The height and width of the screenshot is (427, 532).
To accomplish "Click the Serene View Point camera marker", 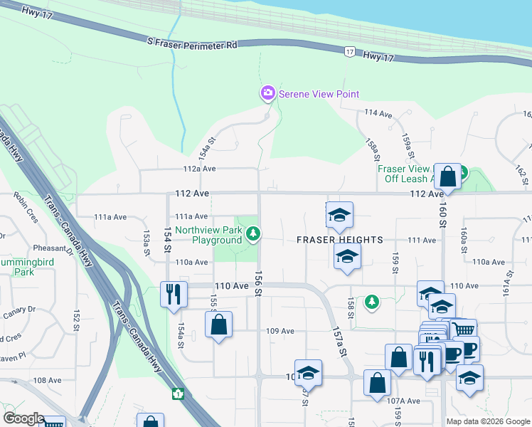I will (x=267, y=93).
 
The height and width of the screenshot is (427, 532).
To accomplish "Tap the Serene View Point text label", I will (x=319, y=94).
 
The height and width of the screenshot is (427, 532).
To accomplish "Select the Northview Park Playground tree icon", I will (x=252, y=233).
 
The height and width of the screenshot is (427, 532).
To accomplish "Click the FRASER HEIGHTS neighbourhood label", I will (x=340, y=240).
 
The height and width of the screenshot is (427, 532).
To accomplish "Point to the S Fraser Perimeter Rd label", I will (x=191, y=44).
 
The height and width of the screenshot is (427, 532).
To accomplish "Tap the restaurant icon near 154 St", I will (x=174, y=292).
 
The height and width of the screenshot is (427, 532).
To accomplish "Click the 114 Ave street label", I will (x=378, y=114).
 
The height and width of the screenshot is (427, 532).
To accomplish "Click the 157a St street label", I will (x=341, y=342).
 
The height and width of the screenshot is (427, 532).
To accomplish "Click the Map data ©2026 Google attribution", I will (x=488, y=421).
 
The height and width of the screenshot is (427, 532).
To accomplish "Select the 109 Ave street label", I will (x=280, y=331).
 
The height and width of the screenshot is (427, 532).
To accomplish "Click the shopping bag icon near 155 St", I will (x=218, y=325).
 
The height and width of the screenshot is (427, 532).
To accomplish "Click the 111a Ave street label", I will (x=190, y=216).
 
